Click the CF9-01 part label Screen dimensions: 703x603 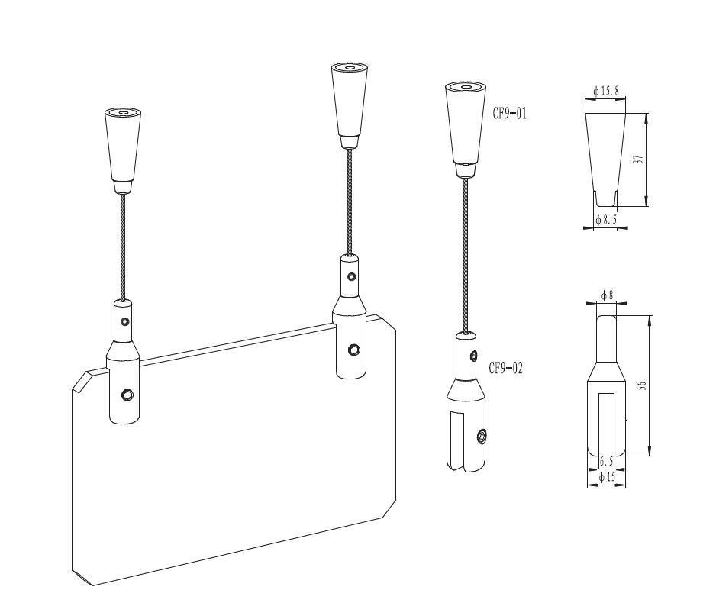pos(510,114)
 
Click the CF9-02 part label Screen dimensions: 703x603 pos(506,368)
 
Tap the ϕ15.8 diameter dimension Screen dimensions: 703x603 pos(606,91)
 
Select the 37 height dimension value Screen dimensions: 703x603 pos(640,160)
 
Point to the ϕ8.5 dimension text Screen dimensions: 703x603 pos(606,220)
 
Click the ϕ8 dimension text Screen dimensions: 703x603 pos(607,295)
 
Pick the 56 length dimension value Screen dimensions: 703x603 pos(642,385)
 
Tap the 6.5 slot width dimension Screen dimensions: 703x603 pos(606,461)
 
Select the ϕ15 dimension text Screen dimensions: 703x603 pos(607,477)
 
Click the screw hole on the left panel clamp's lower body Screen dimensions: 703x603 pos(127,395)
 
